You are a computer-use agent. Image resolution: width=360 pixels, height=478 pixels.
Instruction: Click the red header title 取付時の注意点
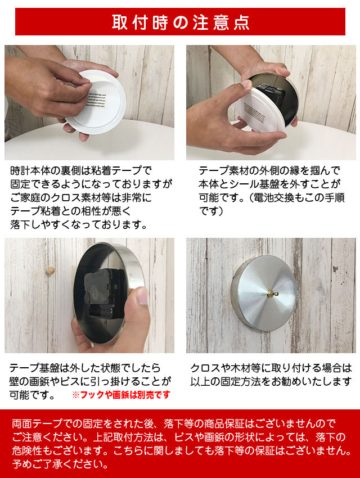180,22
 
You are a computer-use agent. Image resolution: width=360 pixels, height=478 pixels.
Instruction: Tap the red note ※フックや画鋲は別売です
120,395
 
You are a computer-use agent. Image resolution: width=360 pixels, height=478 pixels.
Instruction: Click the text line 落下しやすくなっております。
79,225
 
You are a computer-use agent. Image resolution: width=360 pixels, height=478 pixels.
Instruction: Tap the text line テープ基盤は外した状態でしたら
84,368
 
